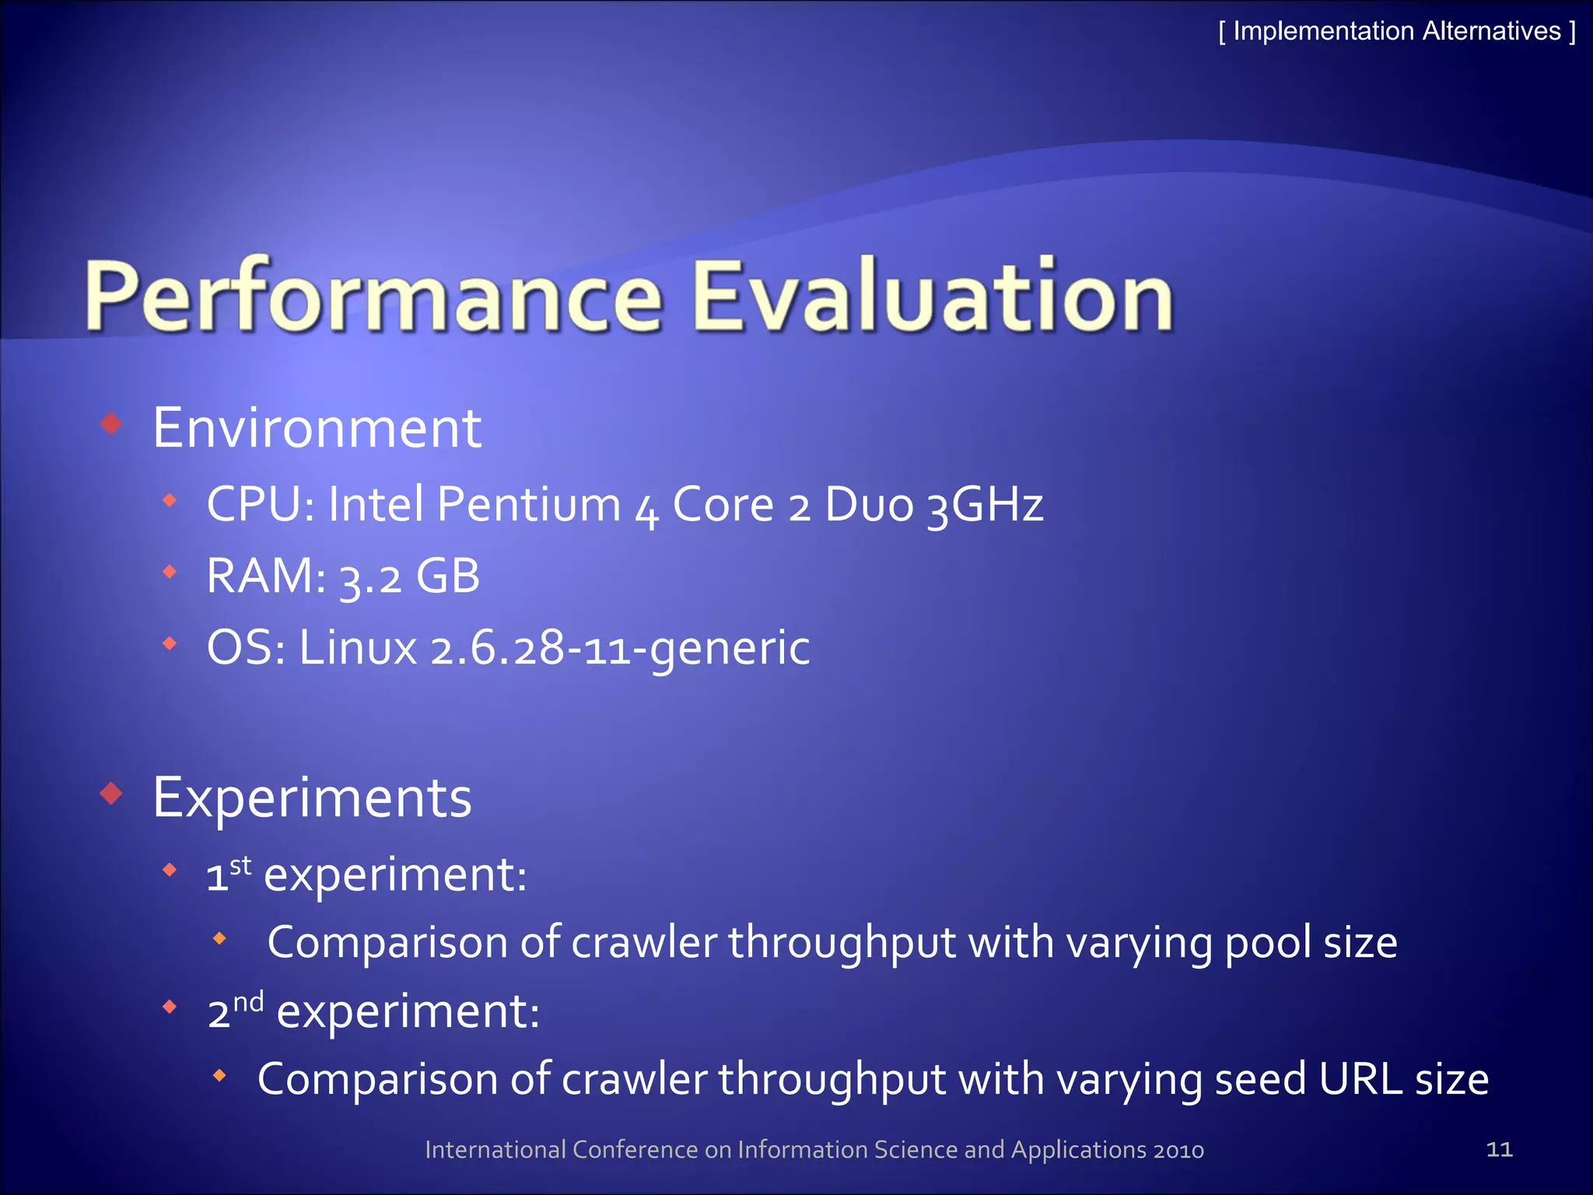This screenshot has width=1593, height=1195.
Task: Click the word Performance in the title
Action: click(x=373, y=297)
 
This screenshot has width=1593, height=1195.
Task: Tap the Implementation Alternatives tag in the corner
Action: click(x=1397, y=31)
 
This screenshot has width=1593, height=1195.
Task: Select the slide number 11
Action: click(x=1499, y=1149)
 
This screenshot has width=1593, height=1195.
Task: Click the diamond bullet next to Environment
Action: click(x=113, y=424)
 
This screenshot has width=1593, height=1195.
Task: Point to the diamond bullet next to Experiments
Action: click(x=113, y=794)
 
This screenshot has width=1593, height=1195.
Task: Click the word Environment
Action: click(x=317, y=428)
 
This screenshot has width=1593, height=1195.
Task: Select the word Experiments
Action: click(x=312, y=798)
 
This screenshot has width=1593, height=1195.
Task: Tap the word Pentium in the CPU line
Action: click(x=528, y=504)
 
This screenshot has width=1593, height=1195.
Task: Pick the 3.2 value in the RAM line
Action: click(x=371, y=578)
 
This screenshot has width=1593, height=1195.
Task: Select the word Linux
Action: click(x=358, y=648)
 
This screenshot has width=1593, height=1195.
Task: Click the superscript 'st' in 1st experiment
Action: click(x=240, y=865)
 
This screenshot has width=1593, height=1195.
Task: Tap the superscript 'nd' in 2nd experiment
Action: click(x=248, y=1001)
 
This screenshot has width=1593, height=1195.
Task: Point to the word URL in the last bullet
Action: click(x=1360, y=1080)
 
